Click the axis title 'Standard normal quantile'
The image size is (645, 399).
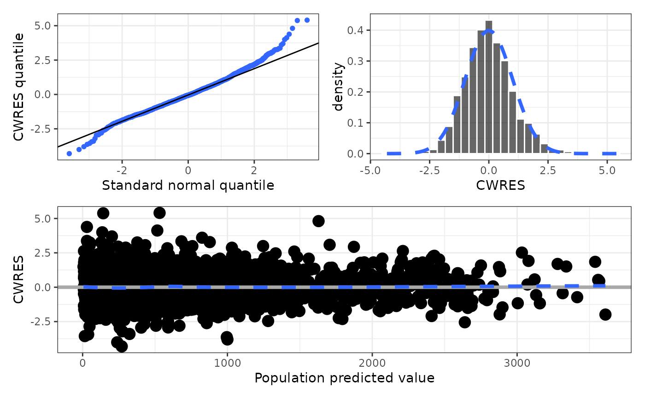[x=188, y=185]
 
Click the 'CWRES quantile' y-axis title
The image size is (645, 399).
[x=18, y=86]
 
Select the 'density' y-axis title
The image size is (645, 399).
[x=339, y=86]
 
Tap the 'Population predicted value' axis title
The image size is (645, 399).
[x=344, y=378]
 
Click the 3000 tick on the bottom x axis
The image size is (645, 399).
[x=516, y=362]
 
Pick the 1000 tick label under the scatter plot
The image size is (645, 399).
[x=227, y=362]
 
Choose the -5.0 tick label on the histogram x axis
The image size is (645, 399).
[x=371, y=170]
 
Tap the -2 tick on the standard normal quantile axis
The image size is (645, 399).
[x=122, y=170]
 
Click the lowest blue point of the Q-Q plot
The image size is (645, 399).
[x=69, y=153]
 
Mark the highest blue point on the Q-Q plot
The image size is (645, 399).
[x=307, y=20]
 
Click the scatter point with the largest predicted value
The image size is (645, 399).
[x=605, y=314]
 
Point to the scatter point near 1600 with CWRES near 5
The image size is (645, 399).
[x=318, y=221]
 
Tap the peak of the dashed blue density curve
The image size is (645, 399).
[x=489, y=31]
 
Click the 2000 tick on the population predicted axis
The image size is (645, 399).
[x=372, y=362]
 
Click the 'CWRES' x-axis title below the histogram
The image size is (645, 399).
[x=501, y=185]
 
